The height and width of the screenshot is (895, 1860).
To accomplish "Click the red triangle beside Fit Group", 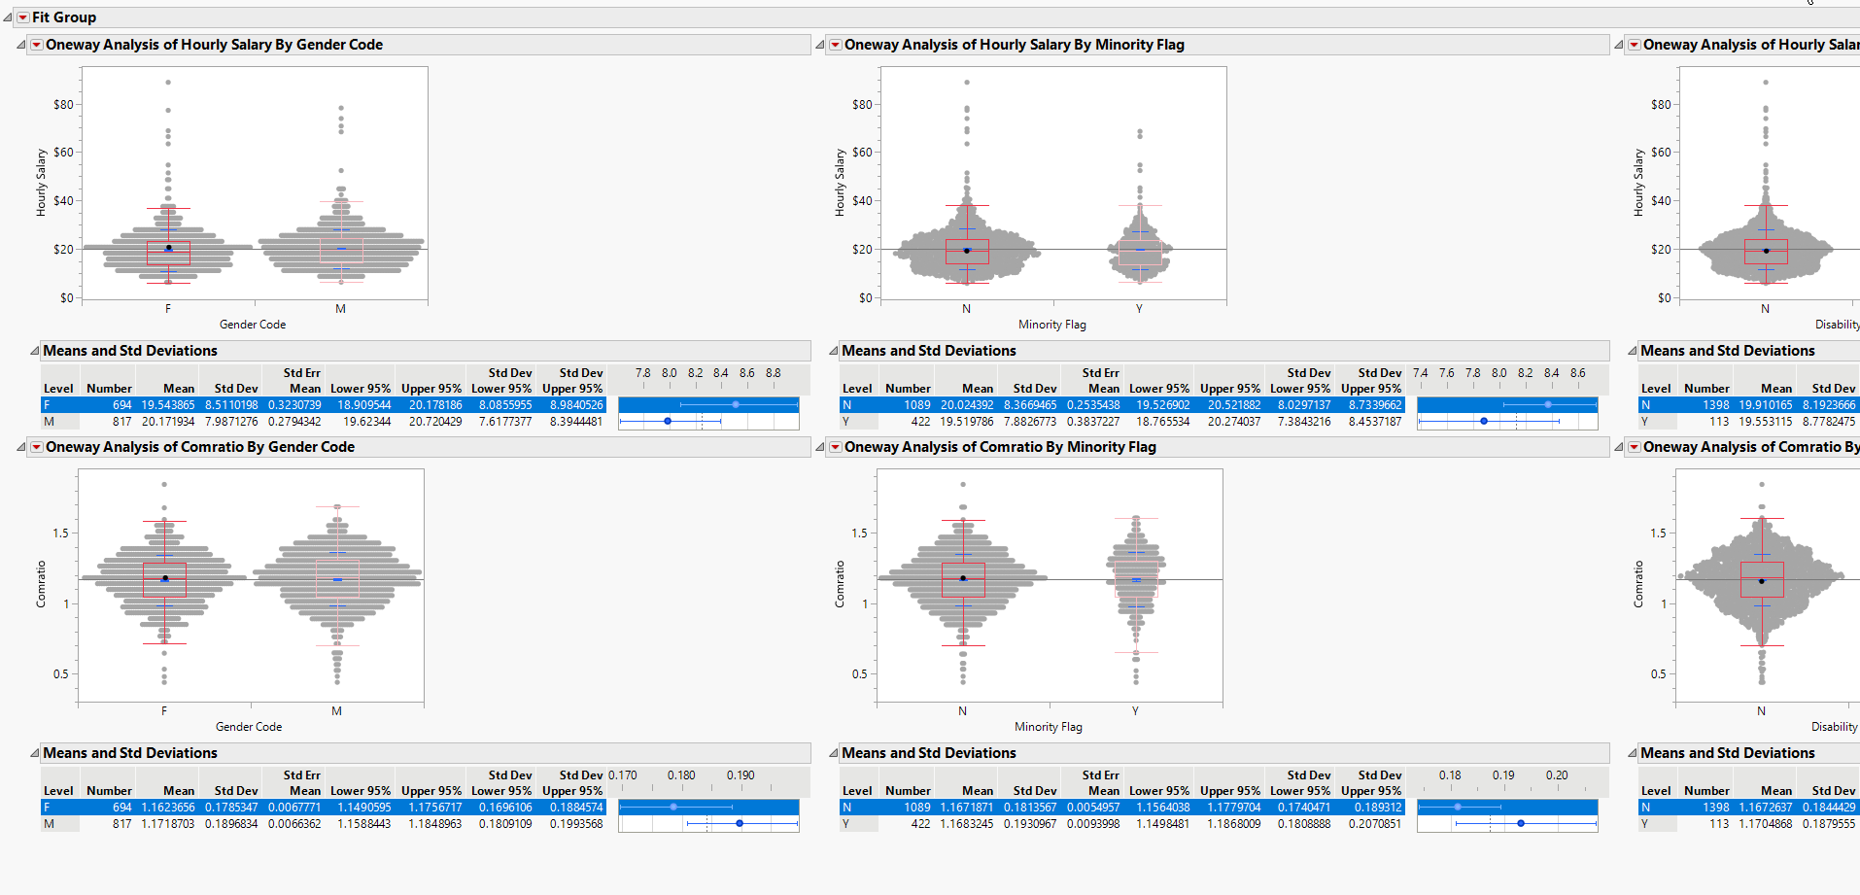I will (23, 17).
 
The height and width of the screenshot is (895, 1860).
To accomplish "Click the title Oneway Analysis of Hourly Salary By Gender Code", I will (214, 45).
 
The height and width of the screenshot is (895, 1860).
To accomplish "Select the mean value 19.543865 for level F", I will (168, 405).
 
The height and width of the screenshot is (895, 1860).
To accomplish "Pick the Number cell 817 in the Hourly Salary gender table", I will (121, 422).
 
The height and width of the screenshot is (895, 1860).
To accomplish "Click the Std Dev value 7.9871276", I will (231, 422).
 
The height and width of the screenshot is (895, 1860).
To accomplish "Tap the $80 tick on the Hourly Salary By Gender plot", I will (63, 105).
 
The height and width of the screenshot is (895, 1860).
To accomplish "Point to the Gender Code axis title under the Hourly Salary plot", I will (253, 325).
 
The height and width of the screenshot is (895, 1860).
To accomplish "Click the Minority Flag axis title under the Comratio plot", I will (1049, 727).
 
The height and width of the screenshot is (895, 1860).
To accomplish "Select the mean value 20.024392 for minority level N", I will (967, 405).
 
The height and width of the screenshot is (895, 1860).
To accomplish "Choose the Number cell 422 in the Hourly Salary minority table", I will (920, 422).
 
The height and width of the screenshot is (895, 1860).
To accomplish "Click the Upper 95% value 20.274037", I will (1234, 422).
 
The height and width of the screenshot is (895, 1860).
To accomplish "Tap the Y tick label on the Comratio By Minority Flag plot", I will (1135, 711).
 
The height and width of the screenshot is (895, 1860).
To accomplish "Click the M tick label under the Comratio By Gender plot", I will (336, 711).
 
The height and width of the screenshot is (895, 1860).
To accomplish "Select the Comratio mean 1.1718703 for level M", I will (168, 824).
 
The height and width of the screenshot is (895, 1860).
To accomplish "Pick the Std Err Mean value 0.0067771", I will (294, 808).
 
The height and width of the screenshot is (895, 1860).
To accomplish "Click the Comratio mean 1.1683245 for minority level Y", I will (967, 824).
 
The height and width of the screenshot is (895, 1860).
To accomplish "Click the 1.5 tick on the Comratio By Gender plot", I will (60, 534).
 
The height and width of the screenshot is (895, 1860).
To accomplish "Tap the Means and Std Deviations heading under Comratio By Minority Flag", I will (929, 753).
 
